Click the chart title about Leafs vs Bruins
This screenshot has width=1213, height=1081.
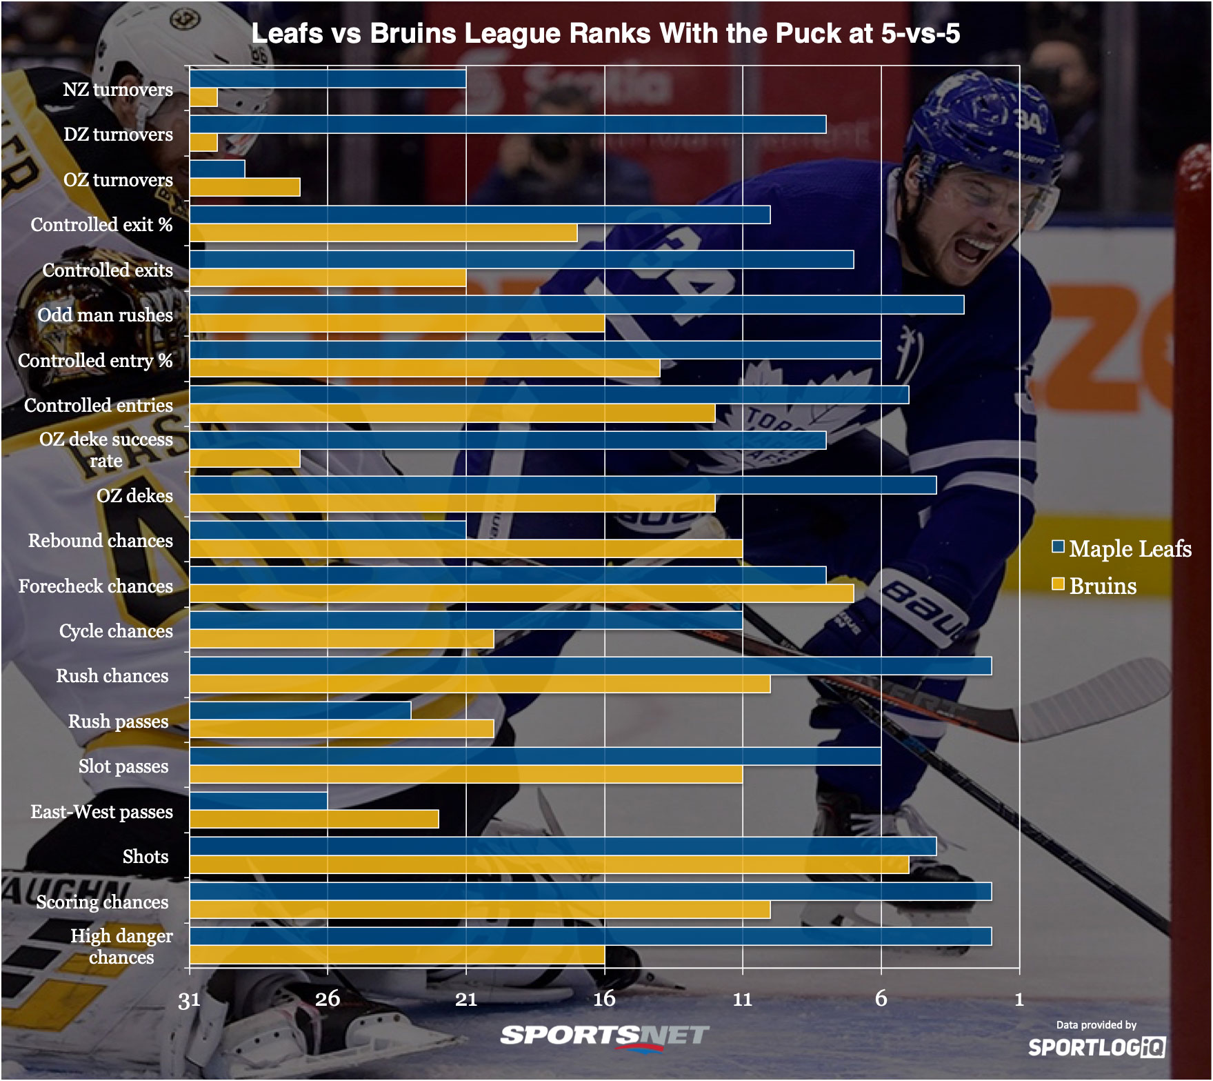pyautogui.click(x=605, y=33)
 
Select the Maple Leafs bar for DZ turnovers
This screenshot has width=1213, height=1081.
pyautogui.click(x=508, y=124)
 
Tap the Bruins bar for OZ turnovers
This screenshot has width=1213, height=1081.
pyautogui.click(x=245, y=188)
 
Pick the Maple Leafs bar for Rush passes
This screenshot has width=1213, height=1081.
pyautogui.click(x=300, y=711)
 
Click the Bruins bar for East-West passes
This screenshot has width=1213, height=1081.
pyautogui.click(x=314, y=819)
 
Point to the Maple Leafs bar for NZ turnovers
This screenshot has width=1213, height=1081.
pyautogui.click(x=328, y=79)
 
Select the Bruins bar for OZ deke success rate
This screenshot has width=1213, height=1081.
pyautogui.click(x=245, y=459)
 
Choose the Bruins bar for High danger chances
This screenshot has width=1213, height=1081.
pyautogui.click(x=397, y=955)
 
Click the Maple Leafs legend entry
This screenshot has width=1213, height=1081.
pyautogui.click(x=1121, y=548)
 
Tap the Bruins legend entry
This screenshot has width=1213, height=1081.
pyautogui.click(x=1094, y=586)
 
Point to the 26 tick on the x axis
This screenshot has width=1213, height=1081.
pyautogui.click(x=328, y=999)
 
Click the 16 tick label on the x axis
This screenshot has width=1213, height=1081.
pyautogui.click(x=604, y=999)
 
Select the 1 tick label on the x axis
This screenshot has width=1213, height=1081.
pyautogui.click(x=1019, y=999)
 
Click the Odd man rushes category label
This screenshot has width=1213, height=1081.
pyautogui.click(x=105, y=315)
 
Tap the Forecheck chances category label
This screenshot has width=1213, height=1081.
pyautogui.click(x=95, y=586)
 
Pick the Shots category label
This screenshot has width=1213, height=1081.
pyautogui.click(x=145, y=857)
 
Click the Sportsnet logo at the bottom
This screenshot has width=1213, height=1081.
pyautogui.click(x=604, y=1036)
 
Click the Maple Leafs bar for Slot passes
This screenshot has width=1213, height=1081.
pyautogui.click(x=535, y=756)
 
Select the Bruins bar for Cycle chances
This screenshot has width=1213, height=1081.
pyautogui.click(x=341, y=639)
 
